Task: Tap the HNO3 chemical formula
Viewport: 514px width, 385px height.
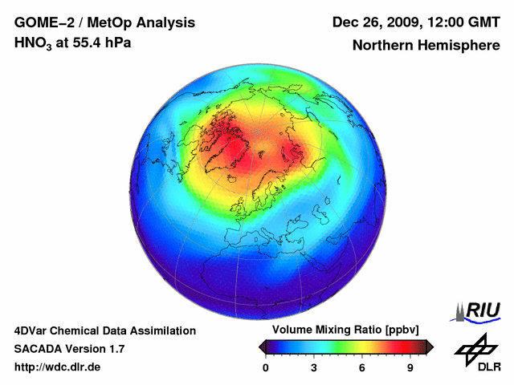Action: click(x=33, y=43)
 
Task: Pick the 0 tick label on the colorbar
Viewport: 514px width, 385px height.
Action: click(x=266, y=368)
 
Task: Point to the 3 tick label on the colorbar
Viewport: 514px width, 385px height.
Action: click(x=314, y=368)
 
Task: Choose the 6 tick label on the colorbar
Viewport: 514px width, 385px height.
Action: click(x=362, y=368)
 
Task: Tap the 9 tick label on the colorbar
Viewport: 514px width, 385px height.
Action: click(x=410, y=368)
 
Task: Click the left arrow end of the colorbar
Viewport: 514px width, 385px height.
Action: click(x=262, y=346)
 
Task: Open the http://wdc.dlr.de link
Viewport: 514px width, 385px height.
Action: click(x=58, y=367)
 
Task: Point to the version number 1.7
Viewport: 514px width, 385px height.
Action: click(x=113, y=349)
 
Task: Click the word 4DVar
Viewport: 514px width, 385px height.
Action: click(x=33, y=330)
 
